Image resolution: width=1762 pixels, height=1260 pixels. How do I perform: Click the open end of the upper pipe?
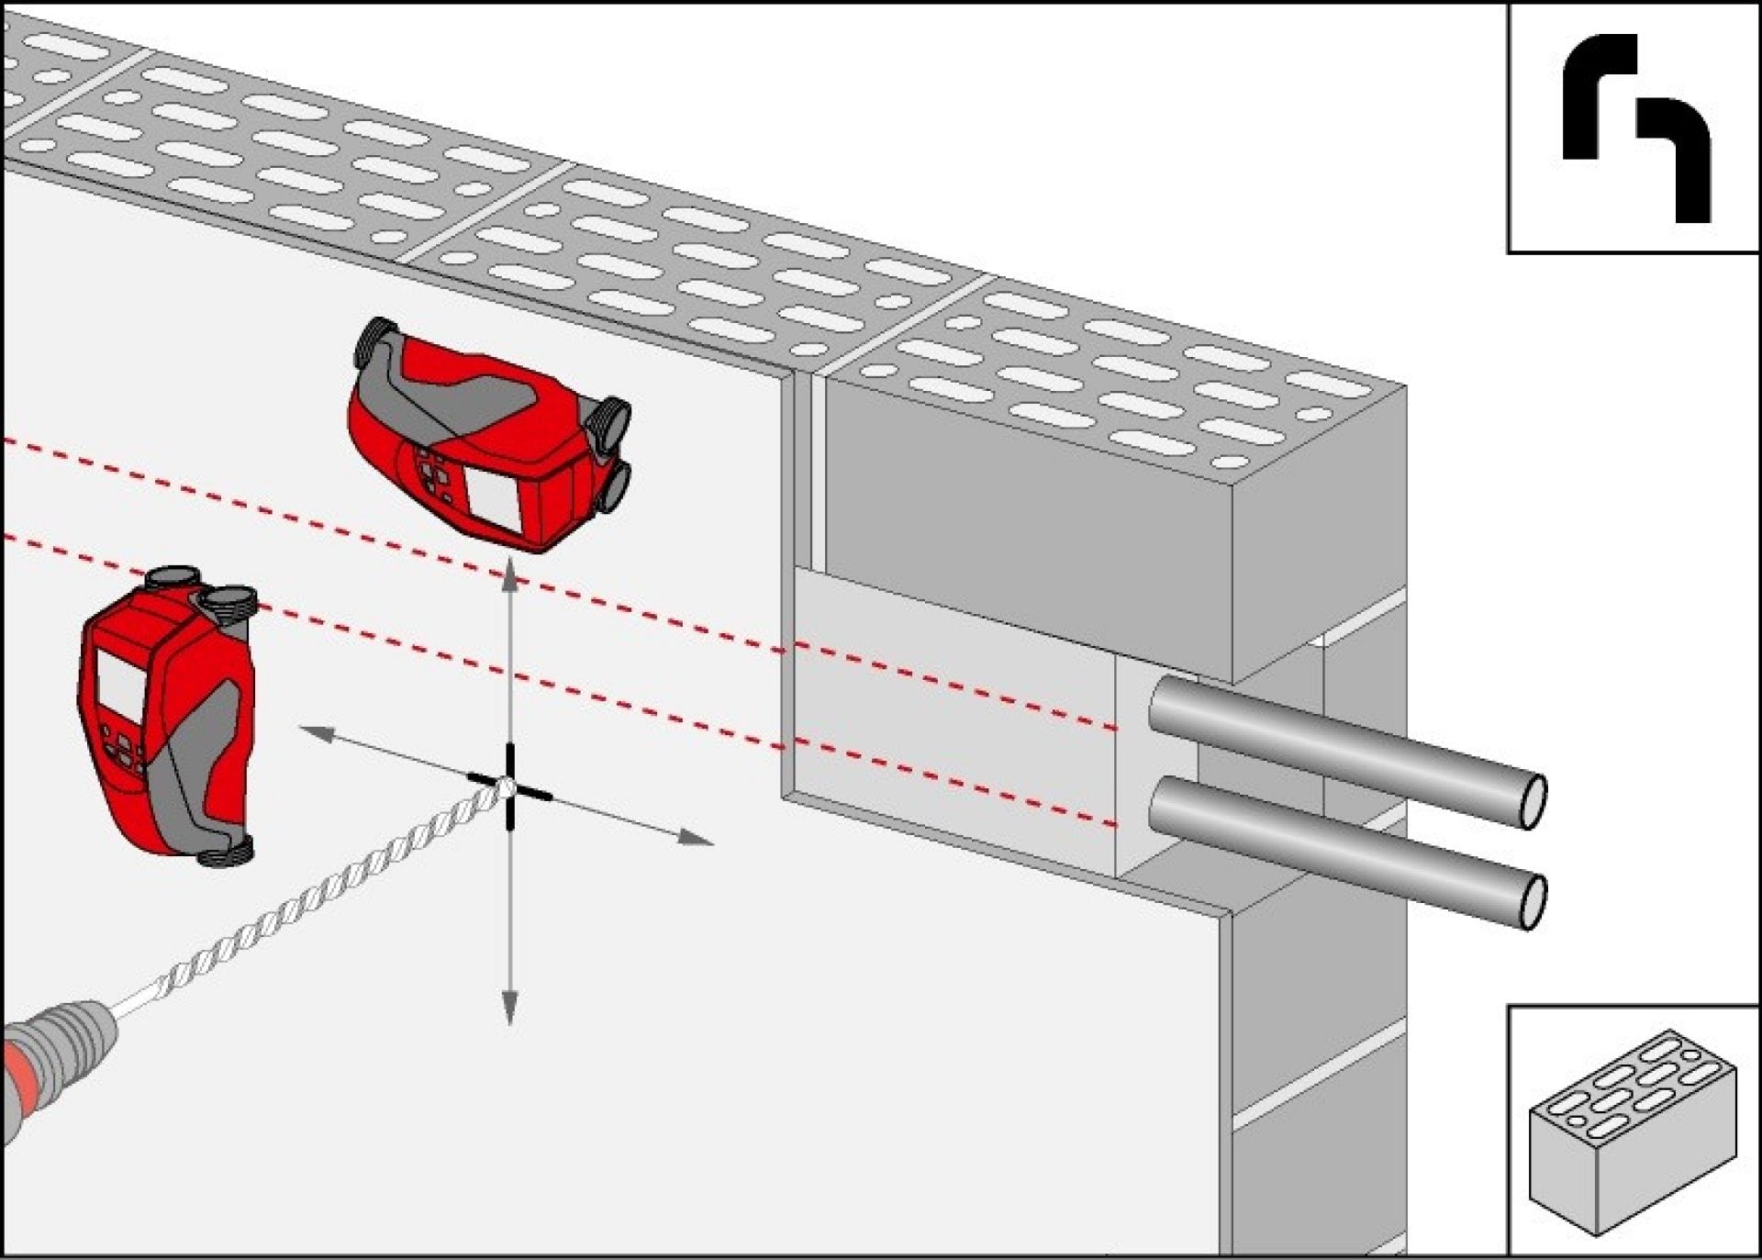[x=1533, y=801]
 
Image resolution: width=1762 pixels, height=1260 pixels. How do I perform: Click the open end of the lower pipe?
[x=1533, y=901]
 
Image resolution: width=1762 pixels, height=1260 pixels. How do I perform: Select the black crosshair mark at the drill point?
[x=510, y=787]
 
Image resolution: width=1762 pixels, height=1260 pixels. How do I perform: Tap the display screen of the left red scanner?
[x=122, y=677]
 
